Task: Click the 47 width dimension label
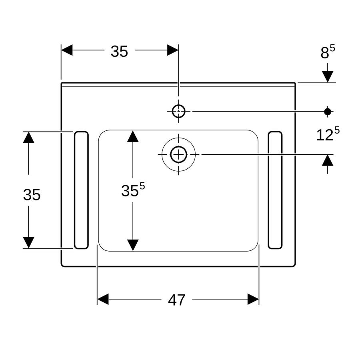pyautogui.click(x=176, y=300)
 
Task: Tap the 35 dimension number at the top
pyautogui.click(x=119, y=51)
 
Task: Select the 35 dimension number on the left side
pyautogui.click(x=32, y=195)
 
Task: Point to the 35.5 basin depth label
pyautogui.click(x=133, y=190)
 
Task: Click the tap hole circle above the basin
pyautogui.click(x=179, y=111)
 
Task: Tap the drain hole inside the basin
pyautogui.click(x=179, y=154)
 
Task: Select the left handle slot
pyautogui.click(x=81, y=190)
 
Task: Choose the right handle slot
pyautogui.click(x=275, y=190)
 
